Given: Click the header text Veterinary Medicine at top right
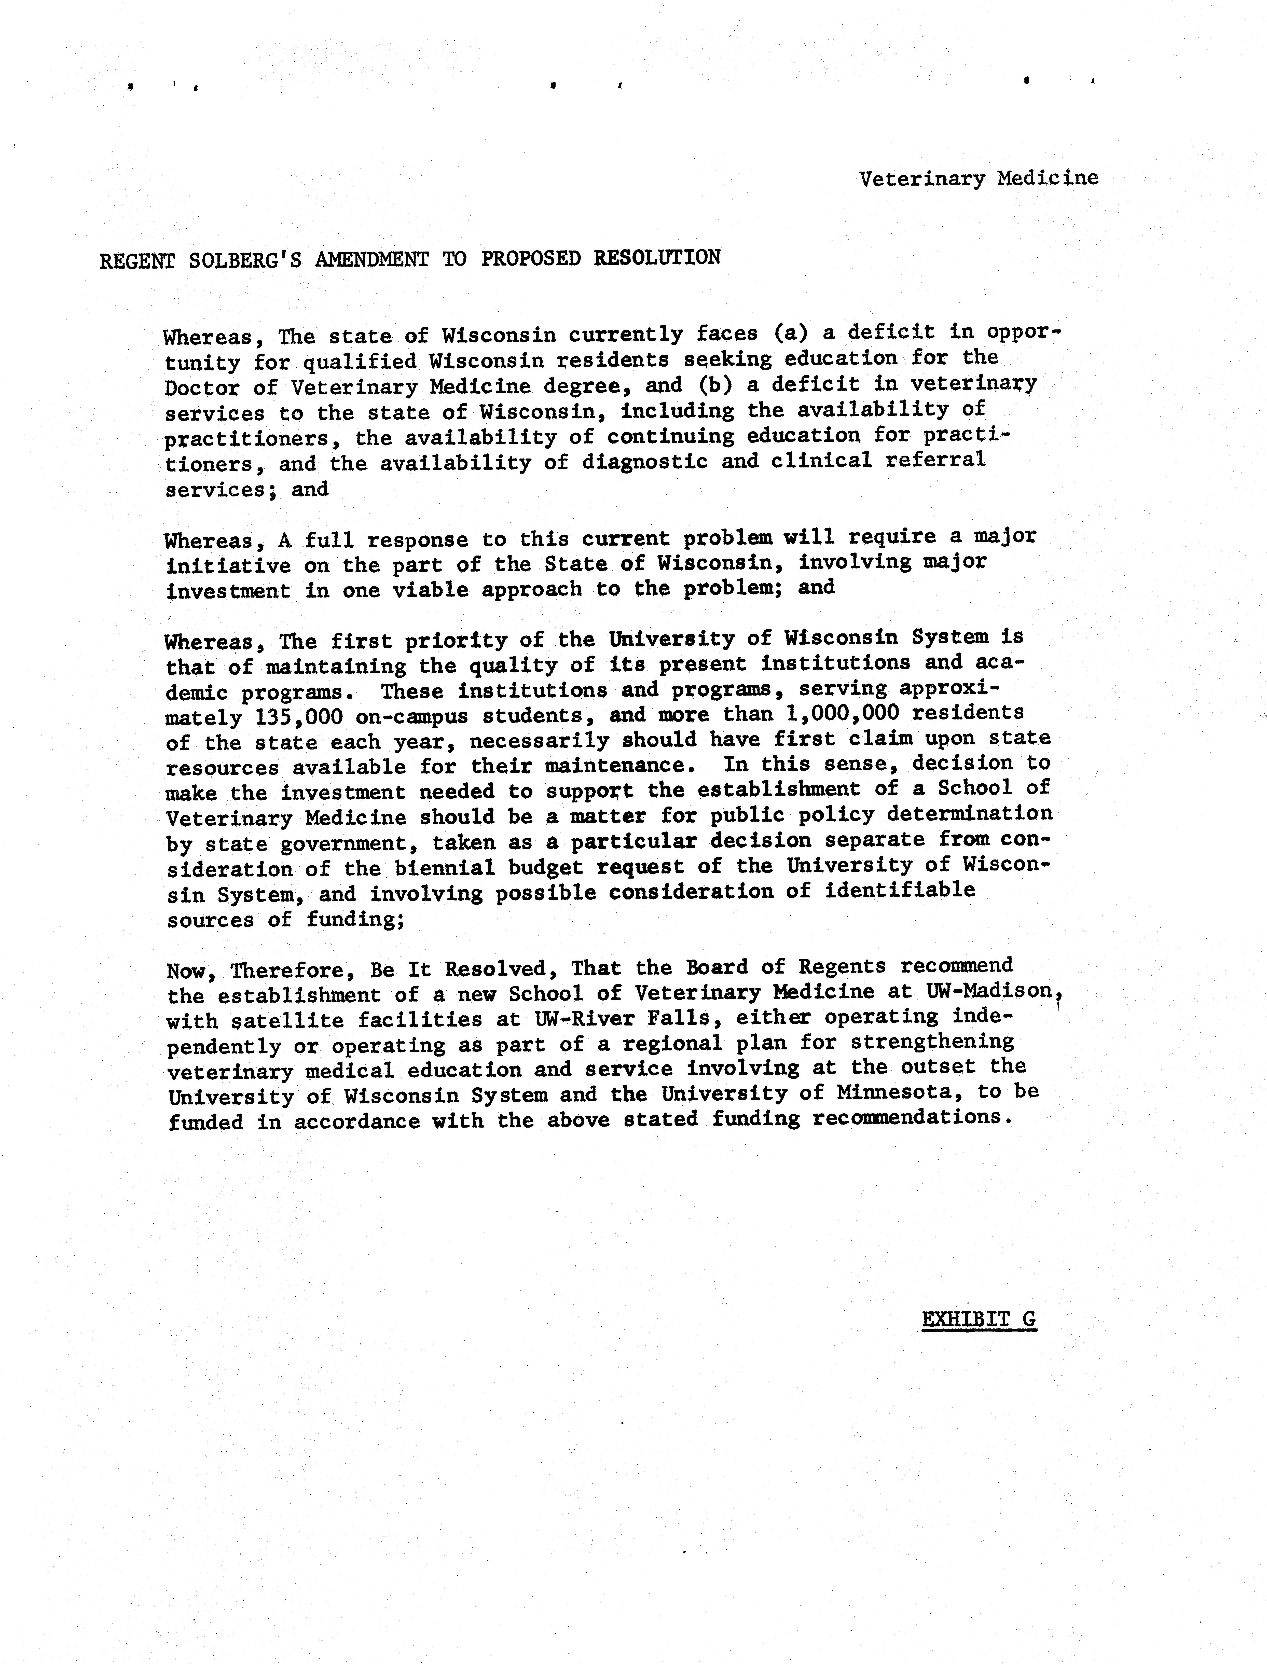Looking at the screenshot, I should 978,179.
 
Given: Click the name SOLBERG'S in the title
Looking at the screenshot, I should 245,259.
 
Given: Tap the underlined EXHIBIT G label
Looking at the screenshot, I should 979,1320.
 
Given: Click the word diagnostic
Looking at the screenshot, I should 645,461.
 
